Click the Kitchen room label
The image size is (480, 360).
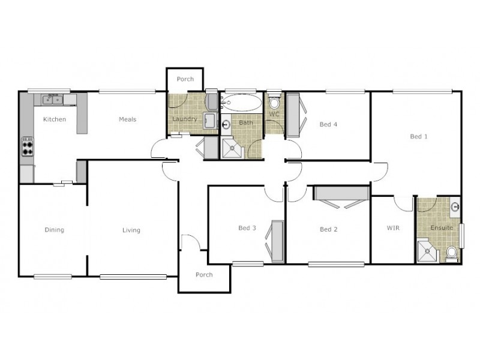pos(54,119)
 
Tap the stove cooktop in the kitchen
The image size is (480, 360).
pos(28,146)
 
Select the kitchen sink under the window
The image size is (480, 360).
pos(53,99)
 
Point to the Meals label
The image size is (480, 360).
pos(127,119)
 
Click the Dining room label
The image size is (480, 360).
pos(54,230)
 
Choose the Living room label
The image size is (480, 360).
pos(131,230)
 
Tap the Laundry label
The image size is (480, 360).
pos(184,119)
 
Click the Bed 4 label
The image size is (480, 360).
pos(328,125)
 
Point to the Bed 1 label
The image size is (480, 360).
pos(418,137)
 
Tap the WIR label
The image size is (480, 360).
pos(393,229)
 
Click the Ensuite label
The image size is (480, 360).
pos(441,229)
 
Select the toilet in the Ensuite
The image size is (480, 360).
pos(451,254)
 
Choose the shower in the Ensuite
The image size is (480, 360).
pos(428,252)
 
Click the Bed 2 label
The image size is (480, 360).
pos(328,229)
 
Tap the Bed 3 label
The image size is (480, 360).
pos(247,228)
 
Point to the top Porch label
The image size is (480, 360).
pos(185,79)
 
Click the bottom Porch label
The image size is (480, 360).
pos(205,275)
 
